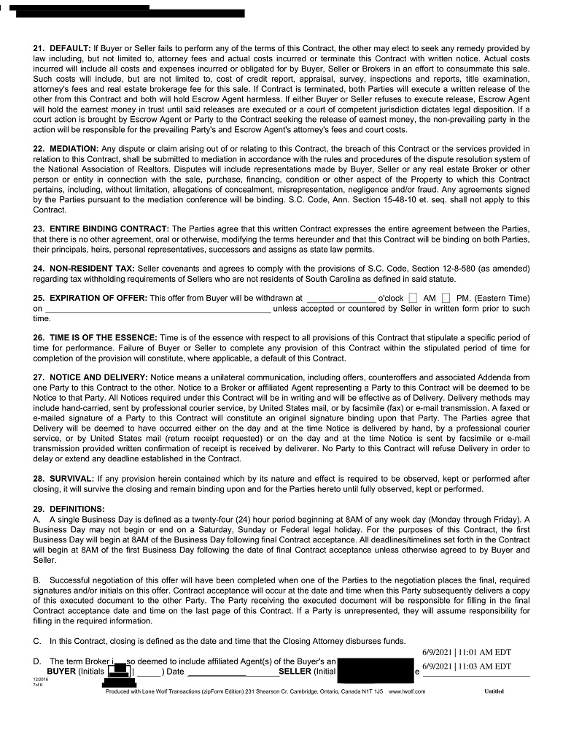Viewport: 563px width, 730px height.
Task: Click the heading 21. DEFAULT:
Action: coord(62,48)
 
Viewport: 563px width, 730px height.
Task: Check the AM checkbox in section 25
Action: coord(413,299)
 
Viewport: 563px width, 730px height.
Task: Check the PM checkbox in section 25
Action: coord(446,299)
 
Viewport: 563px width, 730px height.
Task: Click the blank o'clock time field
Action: coord(341,299)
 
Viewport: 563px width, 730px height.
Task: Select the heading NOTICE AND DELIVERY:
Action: coord(98,377)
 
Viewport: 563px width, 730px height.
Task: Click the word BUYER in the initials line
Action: coord(61,671)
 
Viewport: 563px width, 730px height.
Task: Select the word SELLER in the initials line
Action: coord(295,671)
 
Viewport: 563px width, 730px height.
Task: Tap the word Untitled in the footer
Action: coord(494,691)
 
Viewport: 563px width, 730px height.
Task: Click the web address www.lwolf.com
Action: coord(407,691)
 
